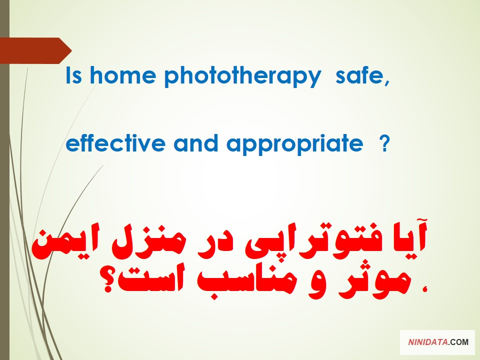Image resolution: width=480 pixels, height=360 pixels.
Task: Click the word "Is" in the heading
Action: pyautogui.click(x=74, y=75)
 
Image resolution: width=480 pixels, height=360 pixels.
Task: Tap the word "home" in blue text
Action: pyautogui.click(x=123, y=75)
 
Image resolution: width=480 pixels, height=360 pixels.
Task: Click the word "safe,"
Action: pyautogui.click(x=362, y=76)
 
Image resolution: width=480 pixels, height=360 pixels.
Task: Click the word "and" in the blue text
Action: pyautogui.click(x=196, y=142)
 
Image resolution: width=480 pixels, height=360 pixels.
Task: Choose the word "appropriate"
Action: pyautogui.click(x=295, y=144)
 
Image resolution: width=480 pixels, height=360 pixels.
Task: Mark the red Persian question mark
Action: pyautogui.click(x=108, y=280)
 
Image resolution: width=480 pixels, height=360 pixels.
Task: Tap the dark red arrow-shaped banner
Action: pyautogui.click(x=35, y=50)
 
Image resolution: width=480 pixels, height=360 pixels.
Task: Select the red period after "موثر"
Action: pyautogui.click(x=424, y=288)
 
